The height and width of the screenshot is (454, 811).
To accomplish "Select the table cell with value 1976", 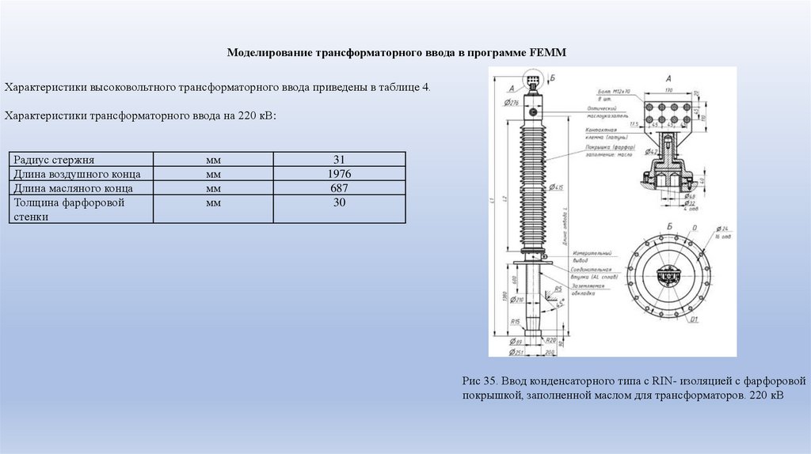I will click(x=339, y=174).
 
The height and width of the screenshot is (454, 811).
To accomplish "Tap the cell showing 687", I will click(x=339, y=188).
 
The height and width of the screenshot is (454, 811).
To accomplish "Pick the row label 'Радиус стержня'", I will click(x=49, y=159).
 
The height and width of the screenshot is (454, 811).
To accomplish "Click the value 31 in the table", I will click(x=339, y=159).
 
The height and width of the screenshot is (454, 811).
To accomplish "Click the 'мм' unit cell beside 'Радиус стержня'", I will click(x=213, y=159).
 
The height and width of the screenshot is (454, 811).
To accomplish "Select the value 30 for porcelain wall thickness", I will click(x=339, y=203).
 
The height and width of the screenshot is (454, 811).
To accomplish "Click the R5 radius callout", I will click(x=559, y=289).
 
